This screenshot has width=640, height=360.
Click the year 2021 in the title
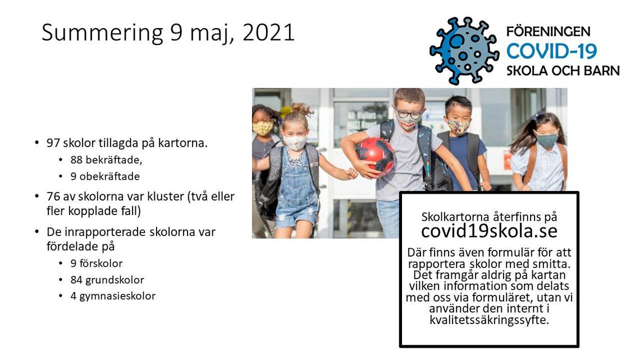[268, 33]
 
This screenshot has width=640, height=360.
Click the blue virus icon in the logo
[464, 51]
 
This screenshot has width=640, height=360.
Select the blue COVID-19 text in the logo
[551, 52]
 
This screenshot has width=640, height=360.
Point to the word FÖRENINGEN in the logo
[548, 31]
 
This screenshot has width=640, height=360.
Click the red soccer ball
[374, 156]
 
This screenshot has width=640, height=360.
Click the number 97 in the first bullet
[53, 143]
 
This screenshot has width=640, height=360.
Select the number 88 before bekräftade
[76, 160]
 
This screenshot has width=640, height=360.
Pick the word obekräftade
[109, 176]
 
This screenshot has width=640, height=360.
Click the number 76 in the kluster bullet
[53, 197]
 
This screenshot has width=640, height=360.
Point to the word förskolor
[101, 263]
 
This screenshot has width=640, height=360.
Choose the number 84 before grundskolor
[76, 280]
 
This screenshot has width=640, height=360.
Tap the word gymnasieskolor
[117, 297]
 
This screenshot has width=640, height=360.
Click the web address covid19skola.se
[489, 231]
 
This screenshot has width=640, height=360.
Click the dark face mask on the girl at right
[546, 140]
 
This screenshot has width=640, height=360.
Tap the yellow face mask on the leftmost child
[262, 127]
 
